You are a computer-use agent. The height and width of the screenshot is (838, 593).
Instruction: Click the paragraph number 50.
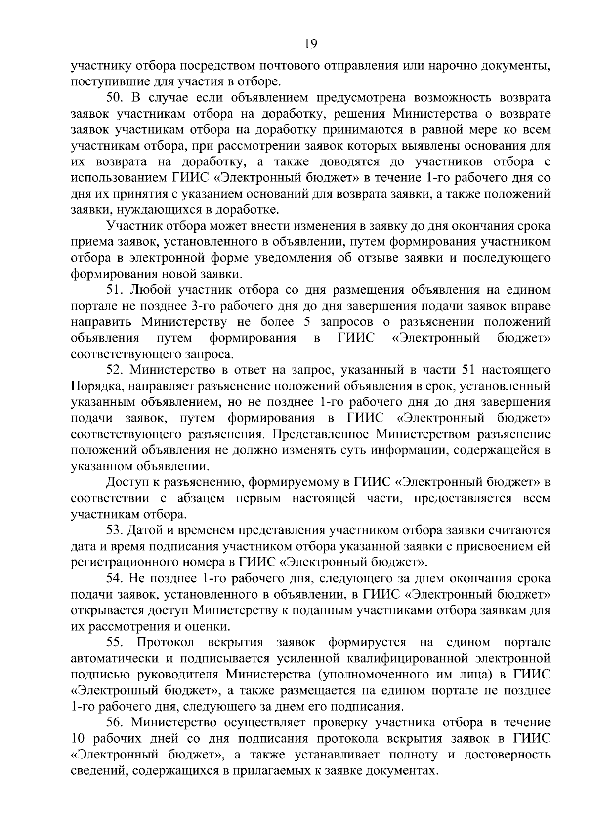pos(115,97)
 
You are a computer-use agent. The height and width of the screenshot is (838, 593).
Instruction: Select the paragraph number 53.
pos(115,530)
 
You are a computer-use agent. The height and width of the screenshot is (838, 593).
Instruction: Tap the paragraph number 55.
pos(115,642)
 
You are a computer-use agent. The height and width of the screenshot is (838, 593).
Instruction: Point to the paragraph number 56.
pos(115,722)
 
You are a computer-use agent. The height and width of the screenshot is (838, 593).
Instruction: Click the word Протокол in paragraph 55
pos(166,642)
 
